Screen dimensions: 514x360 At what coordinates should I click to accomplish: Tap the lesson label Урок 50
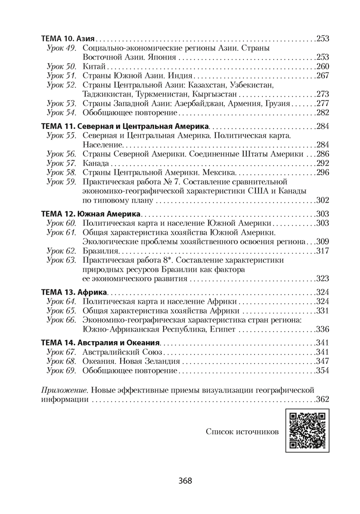pyautogui.click(x=61, y=67)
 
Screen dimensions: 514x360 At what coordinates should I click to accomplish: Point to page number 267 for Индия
pyautogui.click(x=322, y=76)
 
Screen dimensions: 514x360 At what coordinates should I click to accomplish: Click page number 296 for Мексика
pyautogui.click(x=322, y=172)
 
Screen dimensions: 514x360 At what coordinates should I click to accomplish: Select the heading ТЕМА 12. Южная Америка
pyautogui.click(x=91, y=213)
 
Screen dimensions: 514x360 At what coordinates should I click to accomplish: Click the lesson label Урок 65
pyautogui.click(x=61, y=310)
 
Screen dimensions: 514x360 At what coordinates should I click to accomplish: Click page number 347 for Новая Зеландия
pyautogui.click(x=322, y=361)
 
